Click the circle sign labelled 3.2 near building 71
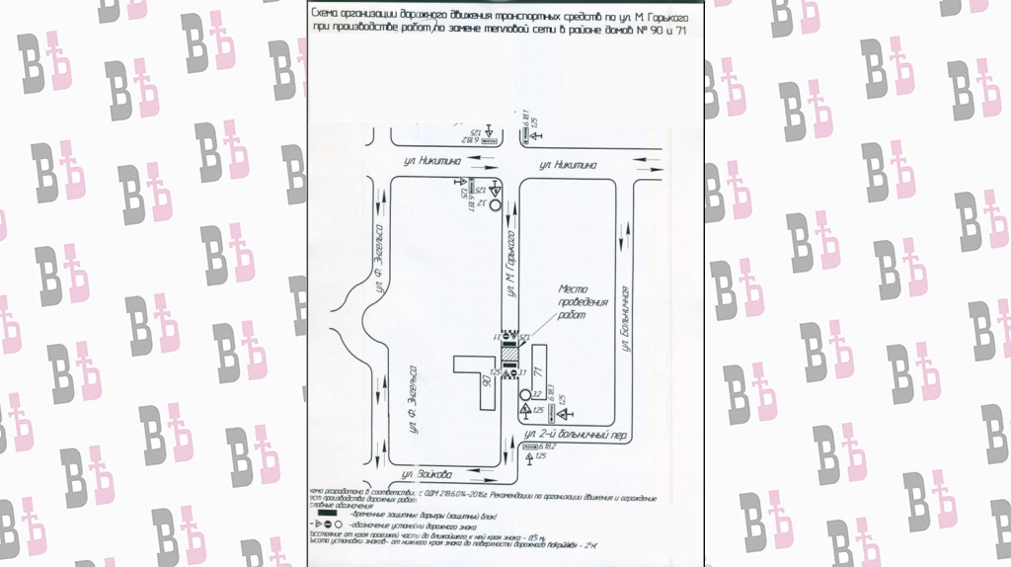(523, 396)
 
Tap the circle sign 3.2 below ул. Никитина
(496, 208)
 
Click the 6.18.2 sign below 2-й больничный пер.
(535, 446)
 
